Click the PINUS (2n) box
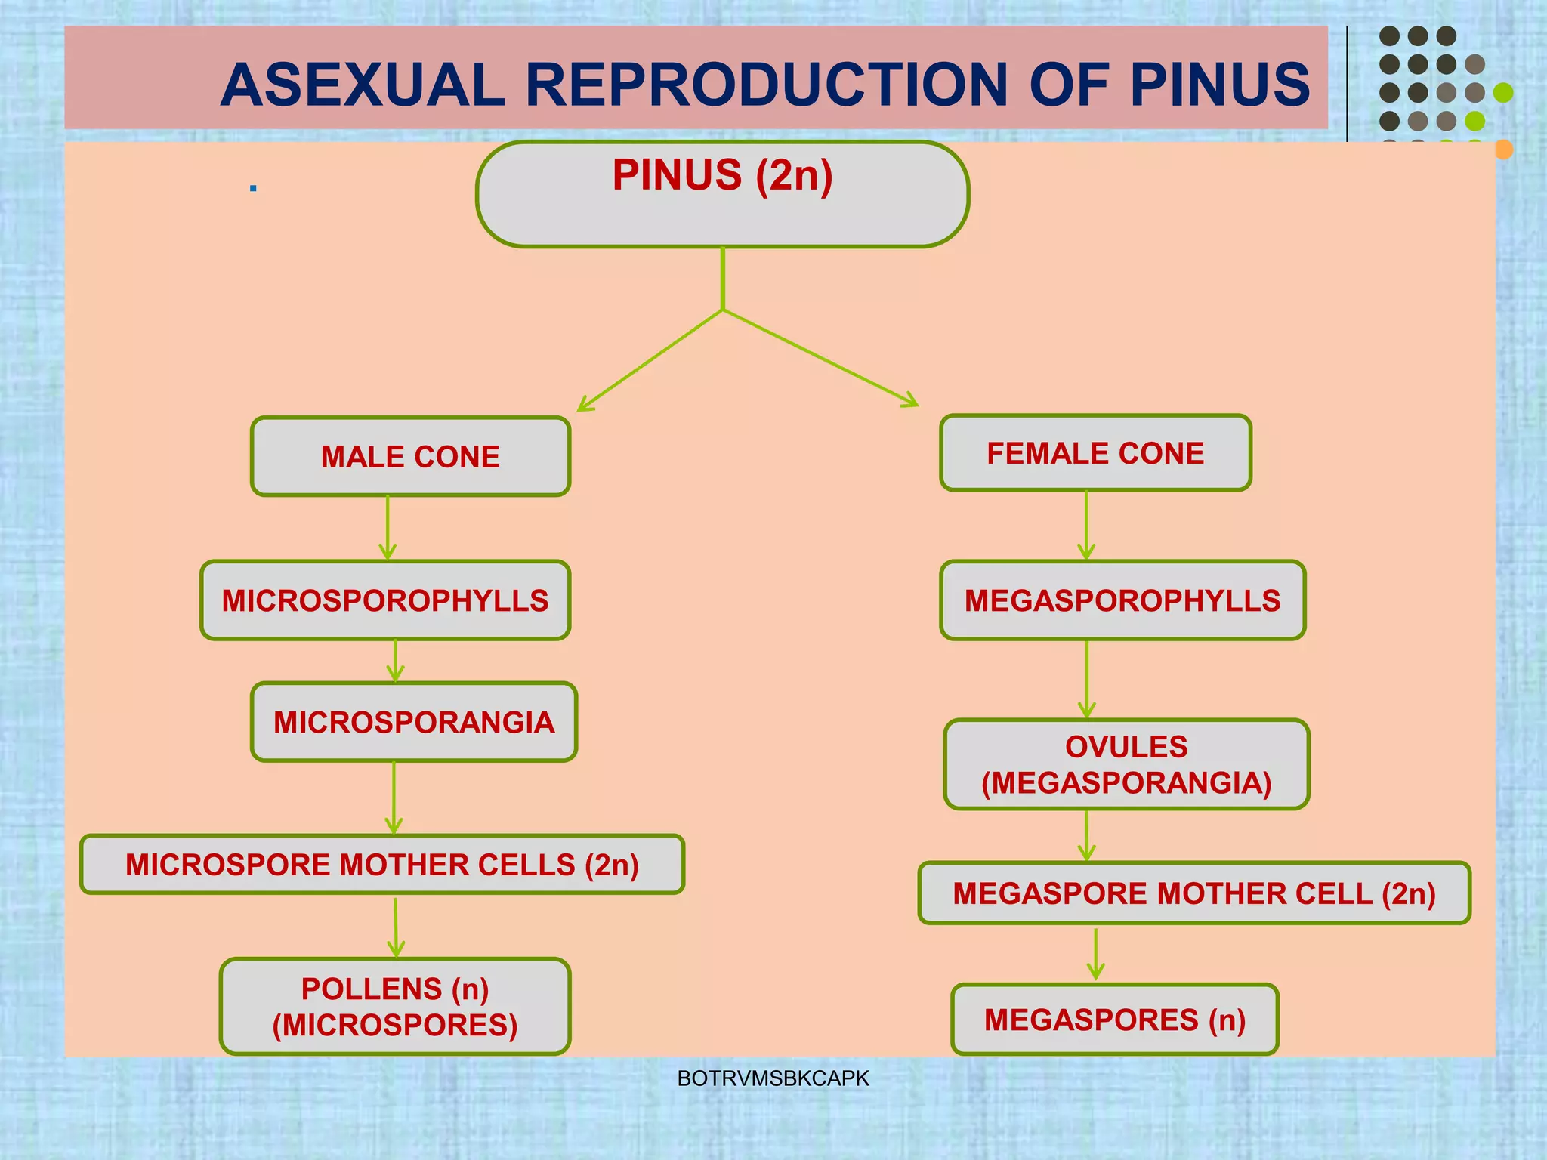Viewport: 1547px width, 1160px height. (722, 194)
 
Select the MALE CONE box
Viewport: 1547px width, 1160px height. (410, 456)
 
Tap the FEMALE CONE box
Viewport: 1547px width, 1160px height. (1095, 453)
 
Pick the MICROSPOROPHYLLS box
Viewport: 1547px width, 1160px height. (385, 600)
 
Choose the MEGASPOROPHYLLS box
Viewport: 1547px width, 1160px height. (1122, 600)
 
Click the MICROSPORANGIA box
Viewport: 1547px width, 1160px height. (414, 722)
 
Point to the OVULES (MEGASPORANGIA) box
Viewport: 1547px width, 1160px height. (1126, 764)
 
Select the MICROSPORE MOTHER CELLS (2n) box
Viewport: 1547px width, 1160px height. (382, 865)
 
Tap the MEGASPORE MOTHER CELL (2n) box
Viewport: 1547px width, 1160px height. (1194, 893)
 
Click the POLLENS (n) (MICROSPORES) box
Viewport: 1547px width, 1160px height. (395, 1007)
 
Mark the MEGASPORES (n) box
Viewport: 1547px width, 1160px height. (1115, 1020)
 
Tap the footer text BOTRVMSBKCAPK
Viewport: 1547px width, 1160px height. (773, 1078)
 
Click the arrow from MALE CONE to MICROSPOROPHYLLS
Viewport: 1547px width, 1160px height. (388, 528)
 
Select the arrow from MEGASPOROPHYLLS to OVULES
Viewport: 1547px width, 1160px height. (1087, 679)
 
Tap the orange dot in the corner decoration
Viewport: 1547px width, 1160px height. (1503, 150)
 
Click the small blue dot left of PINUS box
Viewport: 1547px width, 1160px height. (253, 187)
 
